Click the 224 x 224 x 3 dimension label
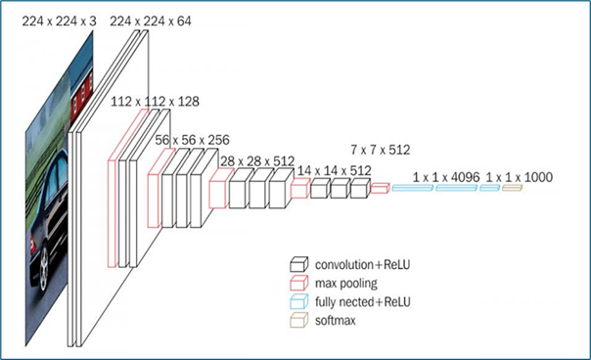[59, 22]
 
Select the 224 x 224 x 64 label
[151, 22]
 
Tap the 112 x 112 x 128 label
[155, 102]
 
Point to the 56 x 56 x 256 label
[192, 140]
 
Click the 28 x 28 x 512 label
[257, 161]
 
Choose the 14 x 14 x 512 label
[335, 171]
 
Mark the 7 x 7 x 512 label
[381, 150]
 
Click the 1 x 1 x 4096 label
[446, 177]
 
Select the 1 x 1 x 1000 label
[520, 177]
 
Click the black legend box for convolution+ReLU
[298, 265]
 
